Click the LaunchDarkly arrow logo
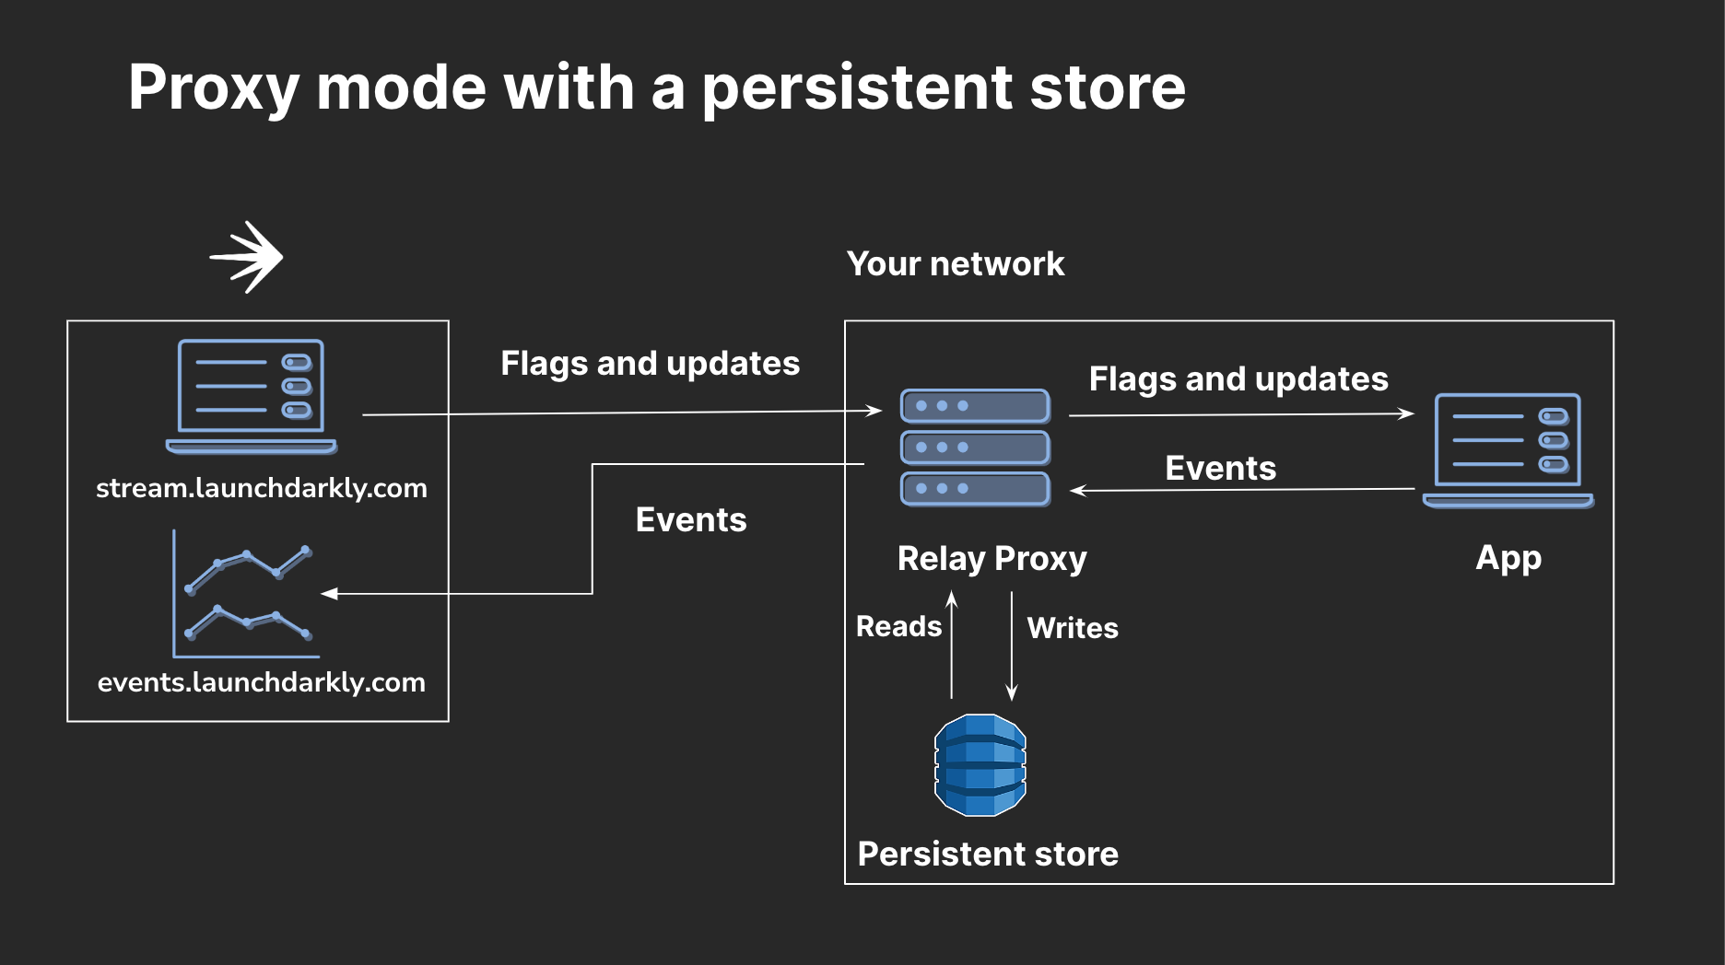(x=247, y=257)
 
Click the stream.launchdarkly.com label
(x=261, y=488)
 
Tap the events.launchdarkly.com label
(x=261, y=682)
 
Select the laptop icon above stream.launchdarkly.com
(x=251, y=396)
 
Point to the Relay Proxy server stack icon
(x=975, y=448)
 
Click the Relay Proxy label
(x=992, y=559)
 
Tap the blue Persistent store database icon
(x=980, y=765)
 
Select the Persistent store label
(x=987, y=855)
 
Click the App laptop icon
(x=1508, y=449)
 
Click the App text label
(x=1508, y=558)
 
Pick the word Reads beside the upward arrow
(x=898, y=627)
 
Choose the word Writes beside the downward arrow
(x=1073, y=628)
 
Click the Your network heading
(x=955, y=264)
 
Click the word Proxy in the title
(x=214, y=88)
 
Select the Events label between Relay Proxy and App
(x=1220, y=469)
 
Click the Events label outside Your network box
(x=691, y=520)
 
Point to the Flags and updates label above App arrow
(x=1238, y=379)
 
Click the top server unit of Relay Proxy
(x=975, y=406)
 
